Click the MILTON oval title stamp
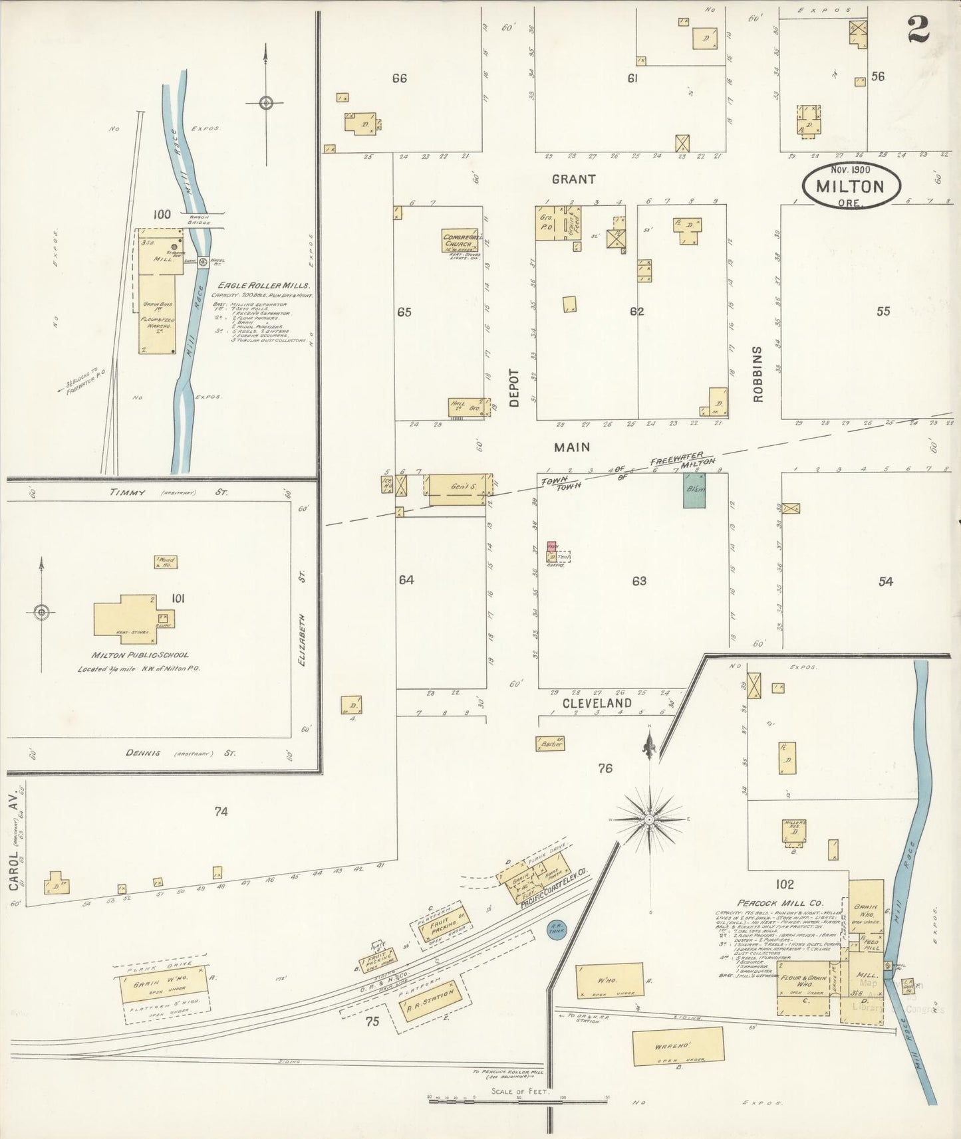click(850, 185)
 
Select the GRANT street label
click(573, 179)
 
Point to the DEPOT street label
click(513, 388)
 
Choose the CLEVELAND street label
click(597, 702)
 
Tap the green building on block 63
click(694, 492)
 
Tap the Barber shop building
click(550, 744)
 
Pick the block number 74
click(221, 811)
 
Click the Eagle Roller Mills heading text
click(261, 285)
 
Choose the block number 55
click(883, 311)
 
